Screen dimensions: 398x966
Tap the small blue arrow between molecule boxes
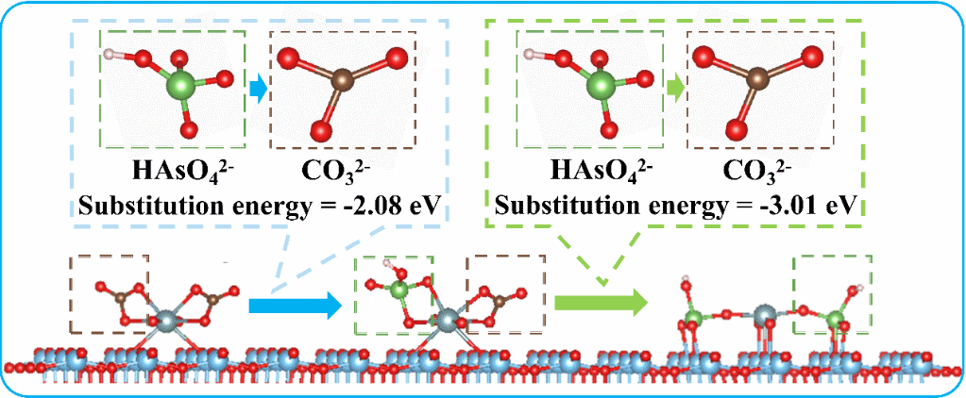pyautogui.click(x=258, y=90)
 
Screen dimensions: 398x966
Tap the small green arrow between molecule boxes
pyautogui.click(x=673, y=90)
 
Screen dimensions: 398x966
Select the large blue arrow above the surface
pyautogui.click(x=294, y=305)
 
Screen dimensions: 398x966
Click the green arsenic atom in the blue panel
pyautogui.click(x=178, y=90)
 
